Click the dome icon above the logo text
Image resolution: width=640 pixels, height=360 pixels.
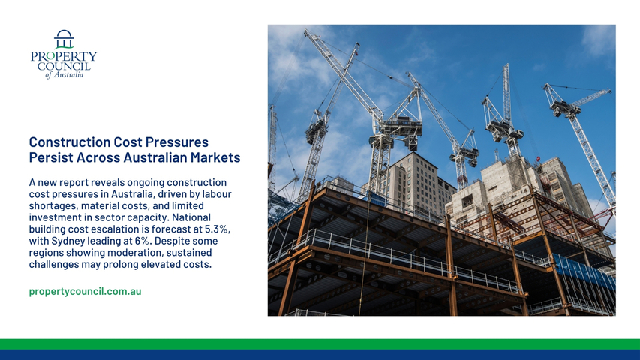click(64, 39)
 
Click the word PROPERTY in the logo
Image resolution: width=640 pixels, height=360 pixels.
click(64, 56)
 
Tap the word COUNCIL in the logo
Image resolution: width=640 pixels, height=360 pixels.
click(64, 66)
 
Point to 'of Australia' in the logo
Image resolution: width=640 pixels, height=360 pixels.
click(64, 75)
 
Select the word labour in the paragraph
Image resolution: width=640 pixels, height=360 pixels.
click(218, 194)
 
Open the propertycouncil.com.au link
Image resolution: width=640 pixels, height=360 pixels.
click(85, 292)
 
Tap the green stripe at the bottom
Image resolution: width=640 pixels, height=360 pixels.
click(320, 344)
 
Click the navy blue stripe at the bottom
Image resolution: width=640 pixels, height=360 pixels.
click(320, 355)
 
